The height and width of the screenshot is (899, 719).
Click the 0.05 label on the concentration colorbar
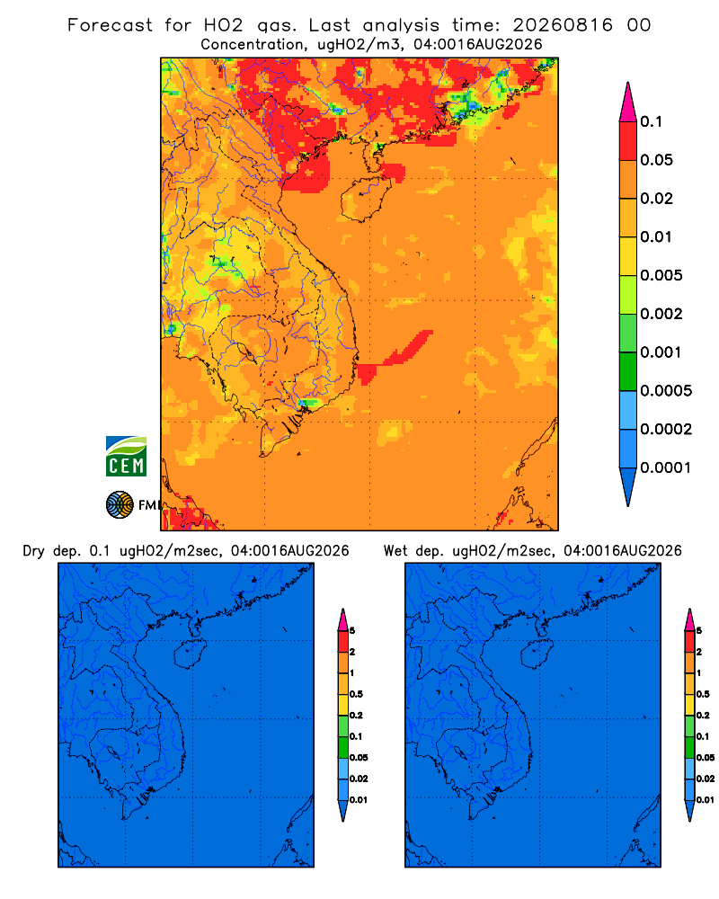(656, 160)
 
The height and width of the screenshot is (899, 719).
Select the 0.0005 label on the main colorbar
(666, 391)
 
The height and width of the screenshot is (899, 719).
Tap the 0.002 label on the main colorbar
(661, 314)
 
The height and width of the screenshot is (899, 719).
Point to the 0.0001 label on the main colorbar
(666, 467)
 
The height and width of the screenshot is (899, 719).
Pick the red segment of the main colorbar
(628, 141)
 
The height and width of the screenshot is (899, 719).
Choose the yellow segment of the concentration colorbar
(628, 256)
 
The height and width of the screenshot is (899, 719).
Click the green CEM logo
(126, 457)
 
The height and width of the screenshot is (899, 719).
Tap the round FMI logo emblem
(120, 505)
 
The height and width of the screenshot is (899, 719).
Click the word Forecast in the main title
(110, 25)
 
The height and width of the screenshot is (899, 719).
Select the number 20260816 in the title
(563, 25)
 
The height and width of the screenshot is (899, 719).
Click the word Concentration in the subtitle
(253, 45)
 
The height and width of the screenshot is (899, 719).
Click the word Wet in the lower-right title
(395, 551)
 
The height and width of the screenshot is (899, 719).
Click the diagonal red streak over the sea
(395, 356)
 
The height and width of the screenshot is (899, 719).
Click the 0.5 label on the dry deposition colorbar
(356, 694)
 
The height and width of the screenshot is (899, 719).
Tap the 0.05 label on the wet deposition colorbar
(706, 758)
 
